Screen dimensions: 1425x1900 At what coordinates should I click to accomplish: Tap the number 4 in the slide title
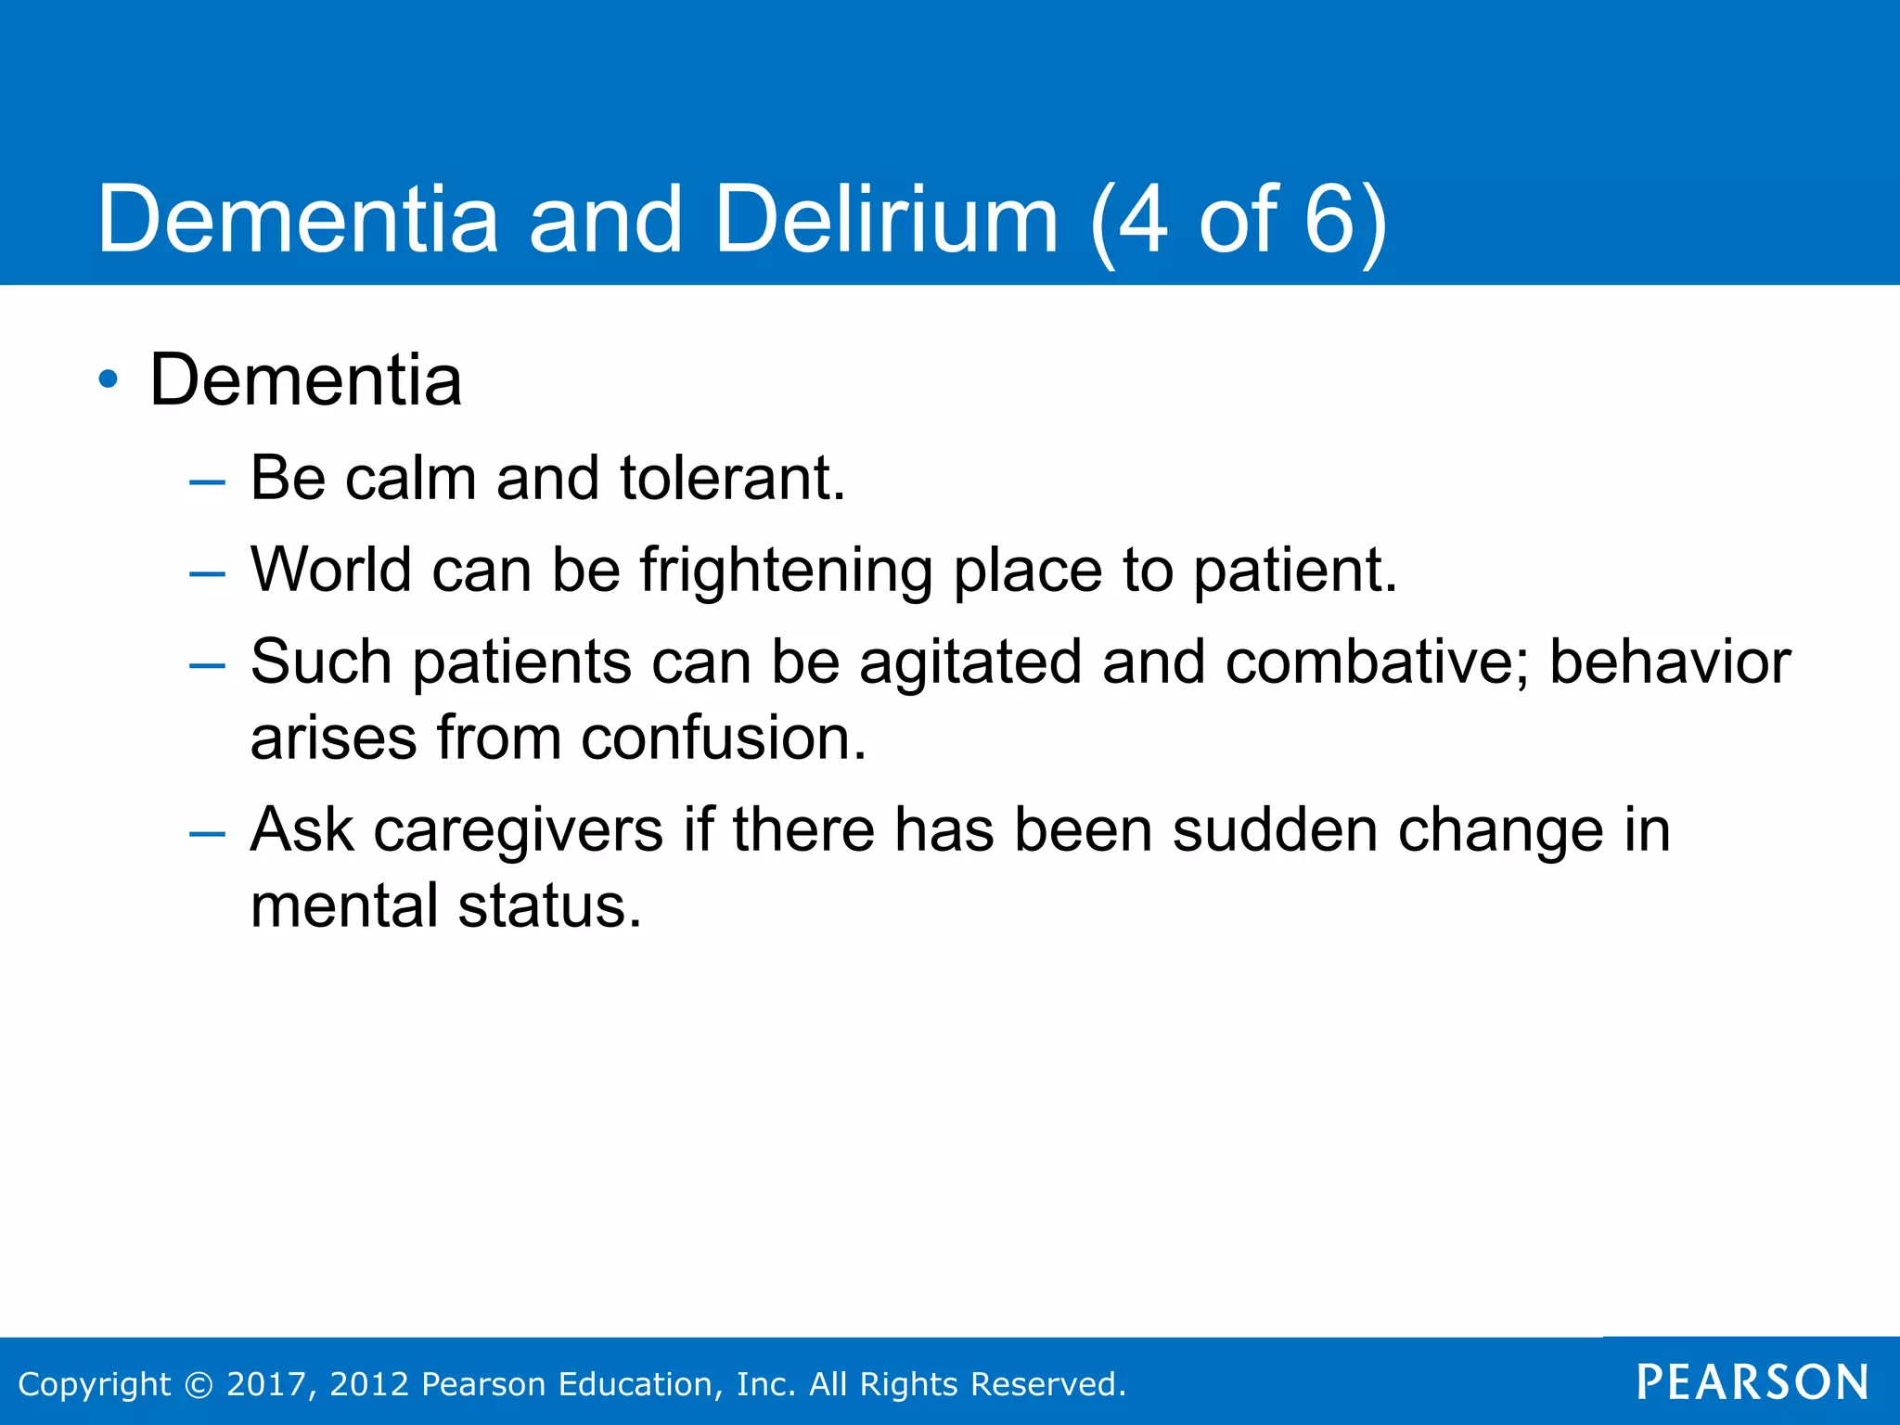pos(1142,220)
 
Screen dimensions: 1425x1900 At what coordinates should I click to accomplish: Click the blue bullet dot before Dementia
pos(109,379)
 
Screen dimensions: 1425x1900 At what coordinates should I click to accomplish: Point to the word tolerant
pos(732,479)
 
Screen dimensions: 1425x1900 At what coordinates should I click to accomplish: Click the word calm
pos(410,479)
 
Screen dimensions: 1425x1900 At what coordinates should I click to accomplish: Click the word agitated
pos(970,662)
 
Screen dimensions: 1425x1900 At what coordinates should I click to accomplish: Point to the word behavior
pos(1670,662)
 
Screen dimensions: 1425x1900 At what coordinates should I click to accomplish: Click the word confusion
pos(724,738)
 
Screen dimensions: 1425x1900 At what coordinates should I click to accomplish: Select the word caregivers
pos(519,830)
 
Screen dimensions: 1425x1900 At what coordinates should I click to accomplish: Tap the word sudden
pos(1275,829)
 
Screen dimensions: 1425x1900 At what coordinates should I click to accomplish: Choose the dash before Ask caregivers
pos(206,833)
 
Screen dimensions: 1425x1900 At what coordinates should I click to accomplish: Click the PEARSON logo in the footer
pos(1752,1382)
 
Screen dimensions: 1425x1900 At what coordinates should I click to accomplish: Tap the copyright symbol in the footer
pos(199,1384)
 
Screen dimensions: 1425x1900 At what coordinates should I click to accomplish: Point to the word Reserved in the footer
pos(1048,1384)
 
